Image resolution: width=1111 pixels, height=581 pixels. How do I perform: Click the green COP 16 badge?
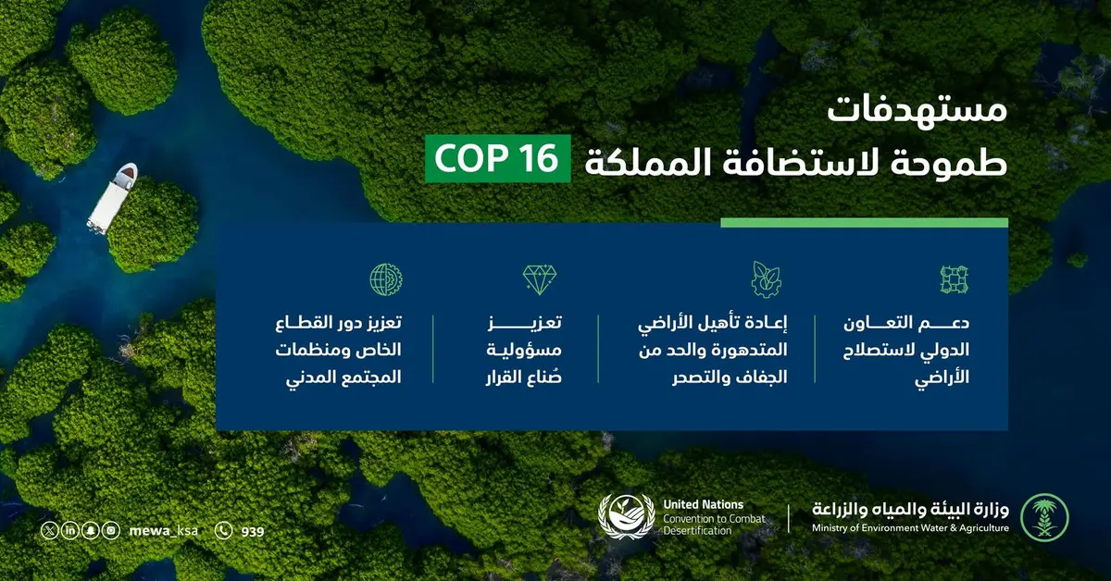coord(498,158)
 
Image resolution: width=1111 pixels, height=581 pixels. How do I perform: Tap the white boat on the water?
coord(112,198)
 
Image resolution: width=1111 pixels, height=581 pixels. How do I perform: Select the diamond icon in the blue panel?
coord(540,279)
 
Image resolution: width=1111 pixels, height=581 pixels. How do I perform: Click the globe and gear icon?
coord(386,279)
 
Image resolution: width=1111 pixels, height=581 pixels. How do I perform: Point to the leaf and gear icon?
coord(767,279)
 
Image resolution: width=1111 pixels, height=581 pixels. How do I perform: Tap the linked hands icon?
coord(955,279)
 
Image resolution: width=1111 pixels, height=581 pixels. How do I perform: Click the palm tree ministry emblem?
coord(1044,517)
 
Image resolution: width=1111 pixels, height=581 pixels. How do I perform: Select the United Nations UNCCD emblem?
coord(627,516)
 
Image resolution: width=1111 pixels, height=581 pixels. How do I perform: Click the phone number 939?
coord(253,532)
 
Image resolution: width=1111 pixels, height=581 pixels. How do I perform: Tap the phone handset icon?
coord(224,531)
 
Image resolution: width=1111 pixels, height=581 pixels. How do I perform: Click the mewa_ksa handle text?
coord(163,531)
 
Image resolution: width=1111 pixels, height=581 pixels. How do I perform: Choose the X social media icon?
coord(50,531)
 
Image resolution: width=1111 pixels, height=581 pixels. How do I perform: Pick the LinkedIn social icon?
coord(70,531)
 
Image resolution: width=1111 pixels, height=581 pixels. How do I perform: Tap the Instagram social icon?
coord(111,531)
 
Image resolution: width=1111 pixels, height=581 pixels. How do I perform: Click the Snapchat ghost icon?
coord(91,531)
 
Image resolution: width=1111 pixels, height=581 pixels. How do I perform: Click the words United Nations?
coord(704,504)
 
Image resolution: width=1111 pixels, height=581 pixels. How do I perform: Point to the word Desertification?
coord(697,531)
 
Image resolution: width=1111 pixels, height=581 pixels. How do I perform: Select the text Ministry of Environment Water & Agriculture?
coord(910,528)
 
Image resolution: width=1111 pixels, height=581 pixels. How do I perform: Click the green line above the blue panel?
coord(864,223)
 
